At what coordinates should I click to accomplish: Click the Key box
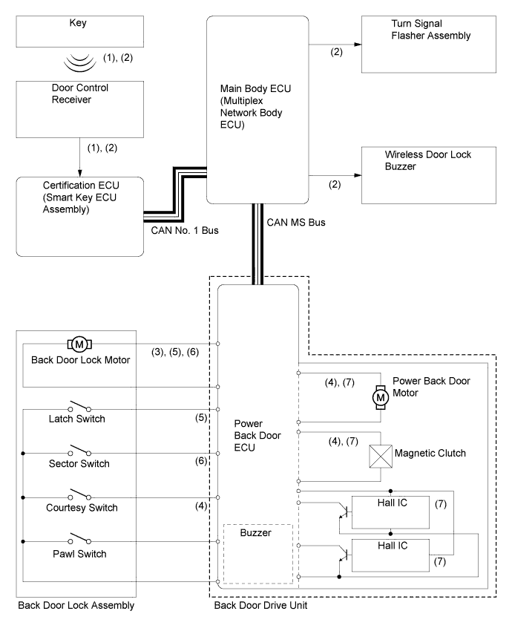coord(71,30)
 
